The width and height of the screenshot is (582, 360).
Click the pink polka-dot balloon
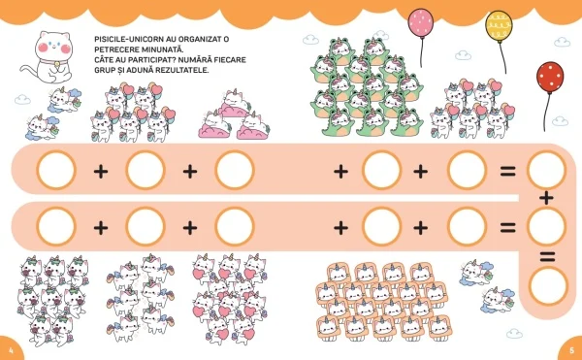coord(421,22)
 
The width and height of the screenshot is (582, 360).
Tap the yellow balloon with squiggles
coord(499,26)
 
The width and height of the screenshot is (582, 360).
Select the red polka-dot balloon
coord(550,78)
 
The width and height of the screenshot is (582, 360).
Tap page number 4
coord(11,350)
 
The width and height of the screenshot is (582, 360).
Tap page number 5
coord(571,350)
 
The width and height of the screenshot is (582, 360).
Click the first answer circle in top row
coord(56,170)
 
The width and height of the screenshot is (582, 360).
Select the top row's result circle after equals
coord(546,170)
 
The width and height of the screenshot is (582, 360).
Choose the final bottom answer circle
coord(548,286)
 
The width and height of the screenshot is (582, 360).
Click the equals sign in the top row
coord(507,172)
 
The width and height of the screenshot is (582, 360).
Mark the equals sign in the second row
coord(507,227)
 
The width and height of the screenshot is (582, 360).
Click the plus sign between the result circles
coord(546,198)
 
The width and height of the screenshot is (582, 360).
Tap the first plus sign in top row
coord(101,172)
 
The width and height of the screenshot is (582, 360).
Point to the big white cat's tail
coord(29,72)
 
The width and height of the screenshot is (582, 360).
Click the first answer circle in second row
coord(56,226)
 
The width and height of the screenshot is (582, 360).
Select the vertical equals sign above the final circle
coord(547,256)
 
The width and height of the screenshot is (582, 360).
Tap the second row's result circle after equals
coord(546,226)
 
